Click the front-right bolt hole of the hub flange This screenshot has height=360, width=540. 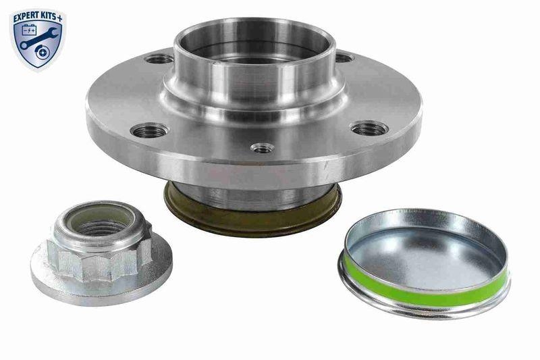(369, 128)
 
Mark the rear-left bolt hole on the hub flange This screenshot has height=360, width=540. (160, 59)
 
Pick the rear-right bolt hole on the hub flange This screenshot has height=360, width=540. (343, 57)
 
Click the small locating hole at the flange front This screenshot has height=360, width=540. (262, 147)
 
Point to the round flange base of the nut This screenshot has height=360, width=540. (101, 284)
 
